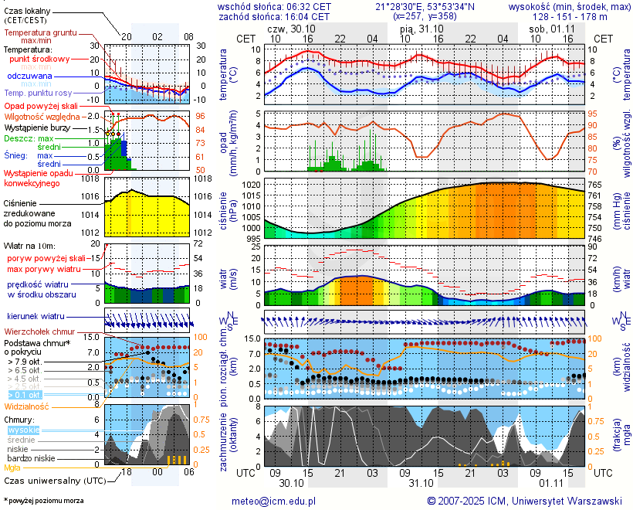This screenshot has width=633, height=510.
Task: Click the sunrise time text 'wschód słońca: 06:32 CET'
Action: [x=275, y=6]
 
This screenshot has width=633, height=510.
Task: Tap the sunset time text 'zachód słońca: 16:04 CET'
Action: [x=275, y=15]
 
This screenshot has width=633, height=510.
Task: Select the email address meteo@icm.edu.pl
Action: [x=274, y=501]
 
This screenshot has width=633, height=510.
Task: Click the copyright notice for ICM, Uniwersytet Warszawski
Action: [x=524, y=501]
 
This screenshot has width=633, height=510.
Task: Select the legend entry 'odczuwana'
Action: [x=29, y=76]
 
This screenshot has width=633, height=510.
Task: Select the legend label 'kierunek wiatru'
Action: [x=36, y=317]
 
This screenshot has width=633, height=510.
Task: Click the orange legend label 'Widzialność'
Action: [x=27, y=405]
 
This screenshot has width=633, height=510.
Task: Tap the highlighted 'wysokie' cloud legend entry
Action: [x=23, y=430]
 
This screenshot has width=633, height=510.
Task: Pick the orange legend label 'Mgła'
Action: [x=12, y=467]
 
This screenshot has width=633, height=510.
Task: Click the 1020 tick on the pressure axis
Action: [x=252, y=185]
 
